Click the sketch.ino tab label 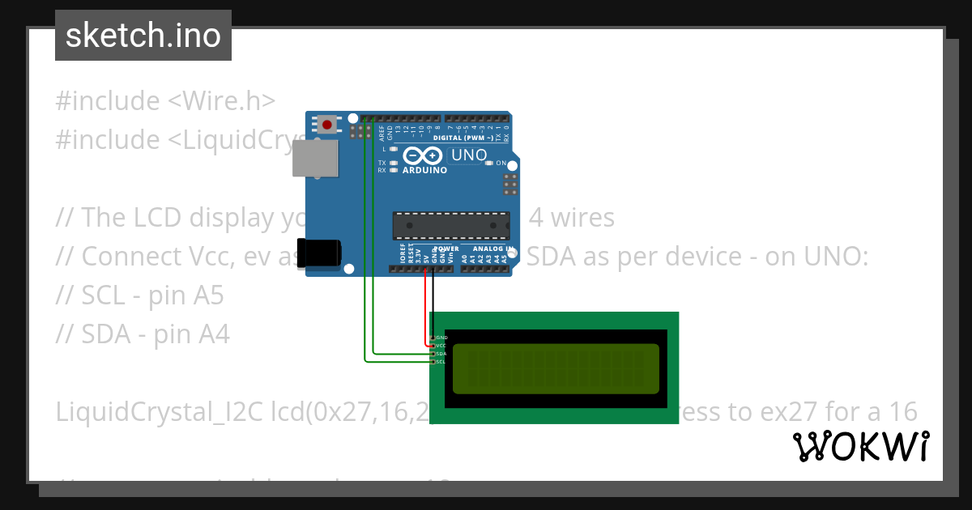click(143, 36)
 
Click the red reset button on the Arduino click(327, 125)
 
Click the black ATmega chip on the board click(451, 226)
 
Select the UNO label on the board click(468, 155)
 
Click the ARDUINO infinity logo click(424, 157)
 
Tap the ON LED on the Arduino click(489, 163)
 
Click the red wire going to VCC click(424, 308)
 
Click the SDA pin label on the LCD click(441, 354)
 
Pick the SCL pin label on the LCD click(441, 362)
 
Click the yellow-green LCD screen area click(556, 368)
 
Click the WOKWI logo click(859, 446)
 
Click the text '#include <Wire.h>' click(165, 101)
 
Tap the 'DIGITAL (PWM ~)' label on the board click(463, 138)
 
